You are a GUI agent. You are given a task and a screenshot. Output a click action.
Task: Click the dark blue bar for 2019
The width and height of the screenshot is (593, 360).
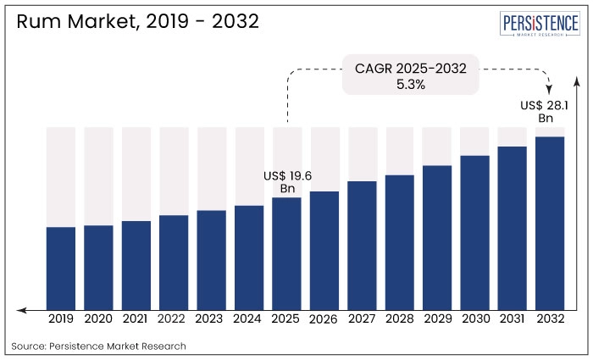pyautogui.click(x=61, y=268)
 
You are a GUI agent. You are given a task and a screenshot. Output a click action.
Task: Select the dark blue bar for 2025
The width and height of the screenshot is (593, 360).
pyautogui.click(x=286, y=253)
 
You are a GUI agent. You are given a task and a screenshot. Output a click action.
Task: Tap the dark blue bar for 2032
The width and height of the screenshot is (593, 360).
pyautogui.click(x=550, y=223)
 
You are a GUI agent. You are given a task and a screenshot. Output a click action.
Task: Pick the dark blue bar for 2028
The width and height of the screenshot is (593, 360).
pyautogui.click(x=399, y=242)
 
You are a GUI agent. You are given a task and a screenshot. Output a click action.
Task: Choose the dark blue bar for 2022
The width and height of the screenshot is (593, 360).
pyautogui.click(x=174, y=262)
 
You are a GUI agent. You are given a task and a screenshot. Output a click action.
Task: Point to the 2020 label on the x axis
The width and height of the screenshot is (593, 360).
pyautogui.click(x=98, y=319)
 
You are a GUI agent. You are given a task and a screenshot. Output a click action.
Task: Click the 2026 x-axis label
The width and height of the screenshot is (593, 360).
pyautogui.click(x=324, y=319)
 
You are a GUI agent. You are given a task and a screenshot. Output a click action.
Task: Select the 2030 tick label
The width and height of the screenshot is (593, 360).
pyautogui.click(x=474, y=319)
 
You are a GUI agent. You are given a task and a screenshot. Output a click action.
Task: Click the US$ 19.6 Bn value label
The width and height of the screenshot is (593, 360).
pyautogui.click(x=288, y=181)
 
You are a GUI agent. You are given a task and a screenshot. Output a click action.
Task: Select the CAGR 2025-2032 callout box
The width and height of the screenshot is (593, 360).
pyautogui.click(x=411, y=75)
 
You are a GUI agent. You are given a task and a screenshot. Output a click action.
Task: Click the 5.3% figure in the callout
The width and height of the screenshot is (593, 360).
pyautogui.click(x=411, y=84)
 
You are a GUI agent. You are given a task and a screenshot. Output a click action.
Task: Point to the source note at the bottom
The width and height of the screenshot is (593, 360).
pyautogui.click(x=98, y=346)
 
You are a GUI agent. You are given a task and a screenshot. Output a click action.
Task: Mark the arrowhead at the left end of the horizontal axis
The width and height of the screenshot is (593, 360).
pyautogui.click(x=21, y=309)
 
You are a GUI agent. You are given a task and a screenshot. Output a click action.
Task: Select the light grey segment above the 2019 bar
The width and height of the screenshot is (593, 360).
pyautogui.click(x=61, y=176)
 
